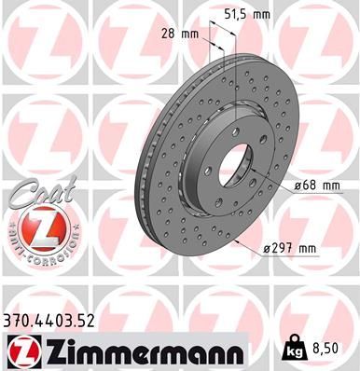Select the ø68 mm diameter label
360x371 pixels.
pyautogui.click(x=316, y=185)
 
